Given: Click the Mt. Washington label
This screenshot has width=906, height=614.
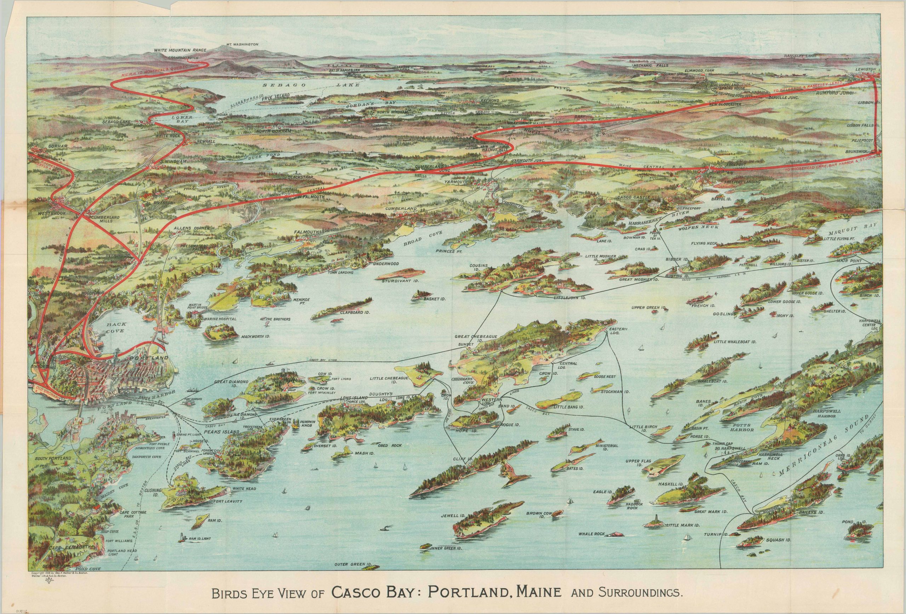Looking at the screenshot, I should [x=242, y=45].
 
